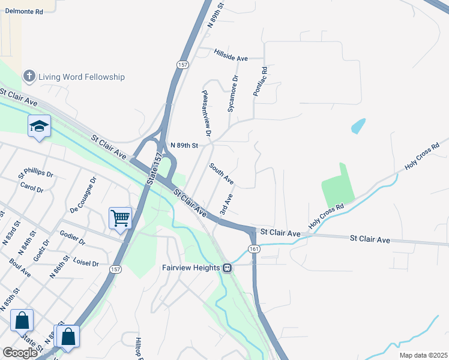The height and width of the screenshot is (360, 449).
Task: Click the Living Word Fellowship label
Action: pos(82,77)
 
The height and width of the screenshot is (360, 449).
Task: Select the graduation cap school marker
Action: pos(39,126)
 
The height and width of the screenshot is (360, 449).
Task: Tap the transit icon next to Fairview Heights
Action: pos(228,268)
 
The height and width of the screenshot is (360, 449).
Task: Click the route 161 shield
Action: pos(254,249)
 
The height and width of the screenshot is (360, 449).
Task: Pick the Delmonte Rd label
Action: pos(22,11)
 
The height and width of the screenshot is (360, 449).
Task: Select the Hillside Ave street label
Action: pos(231,55)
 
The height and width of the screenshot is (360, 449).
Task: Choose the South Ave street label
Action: pos(221,173)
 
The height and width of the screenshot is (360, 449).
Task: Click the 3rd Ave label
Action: pos(226,204)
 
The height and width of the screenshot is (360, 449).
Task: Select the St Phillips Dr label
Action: pos(35,174)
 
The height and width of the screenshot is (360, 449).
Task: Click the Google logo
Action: pos(20,353)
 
